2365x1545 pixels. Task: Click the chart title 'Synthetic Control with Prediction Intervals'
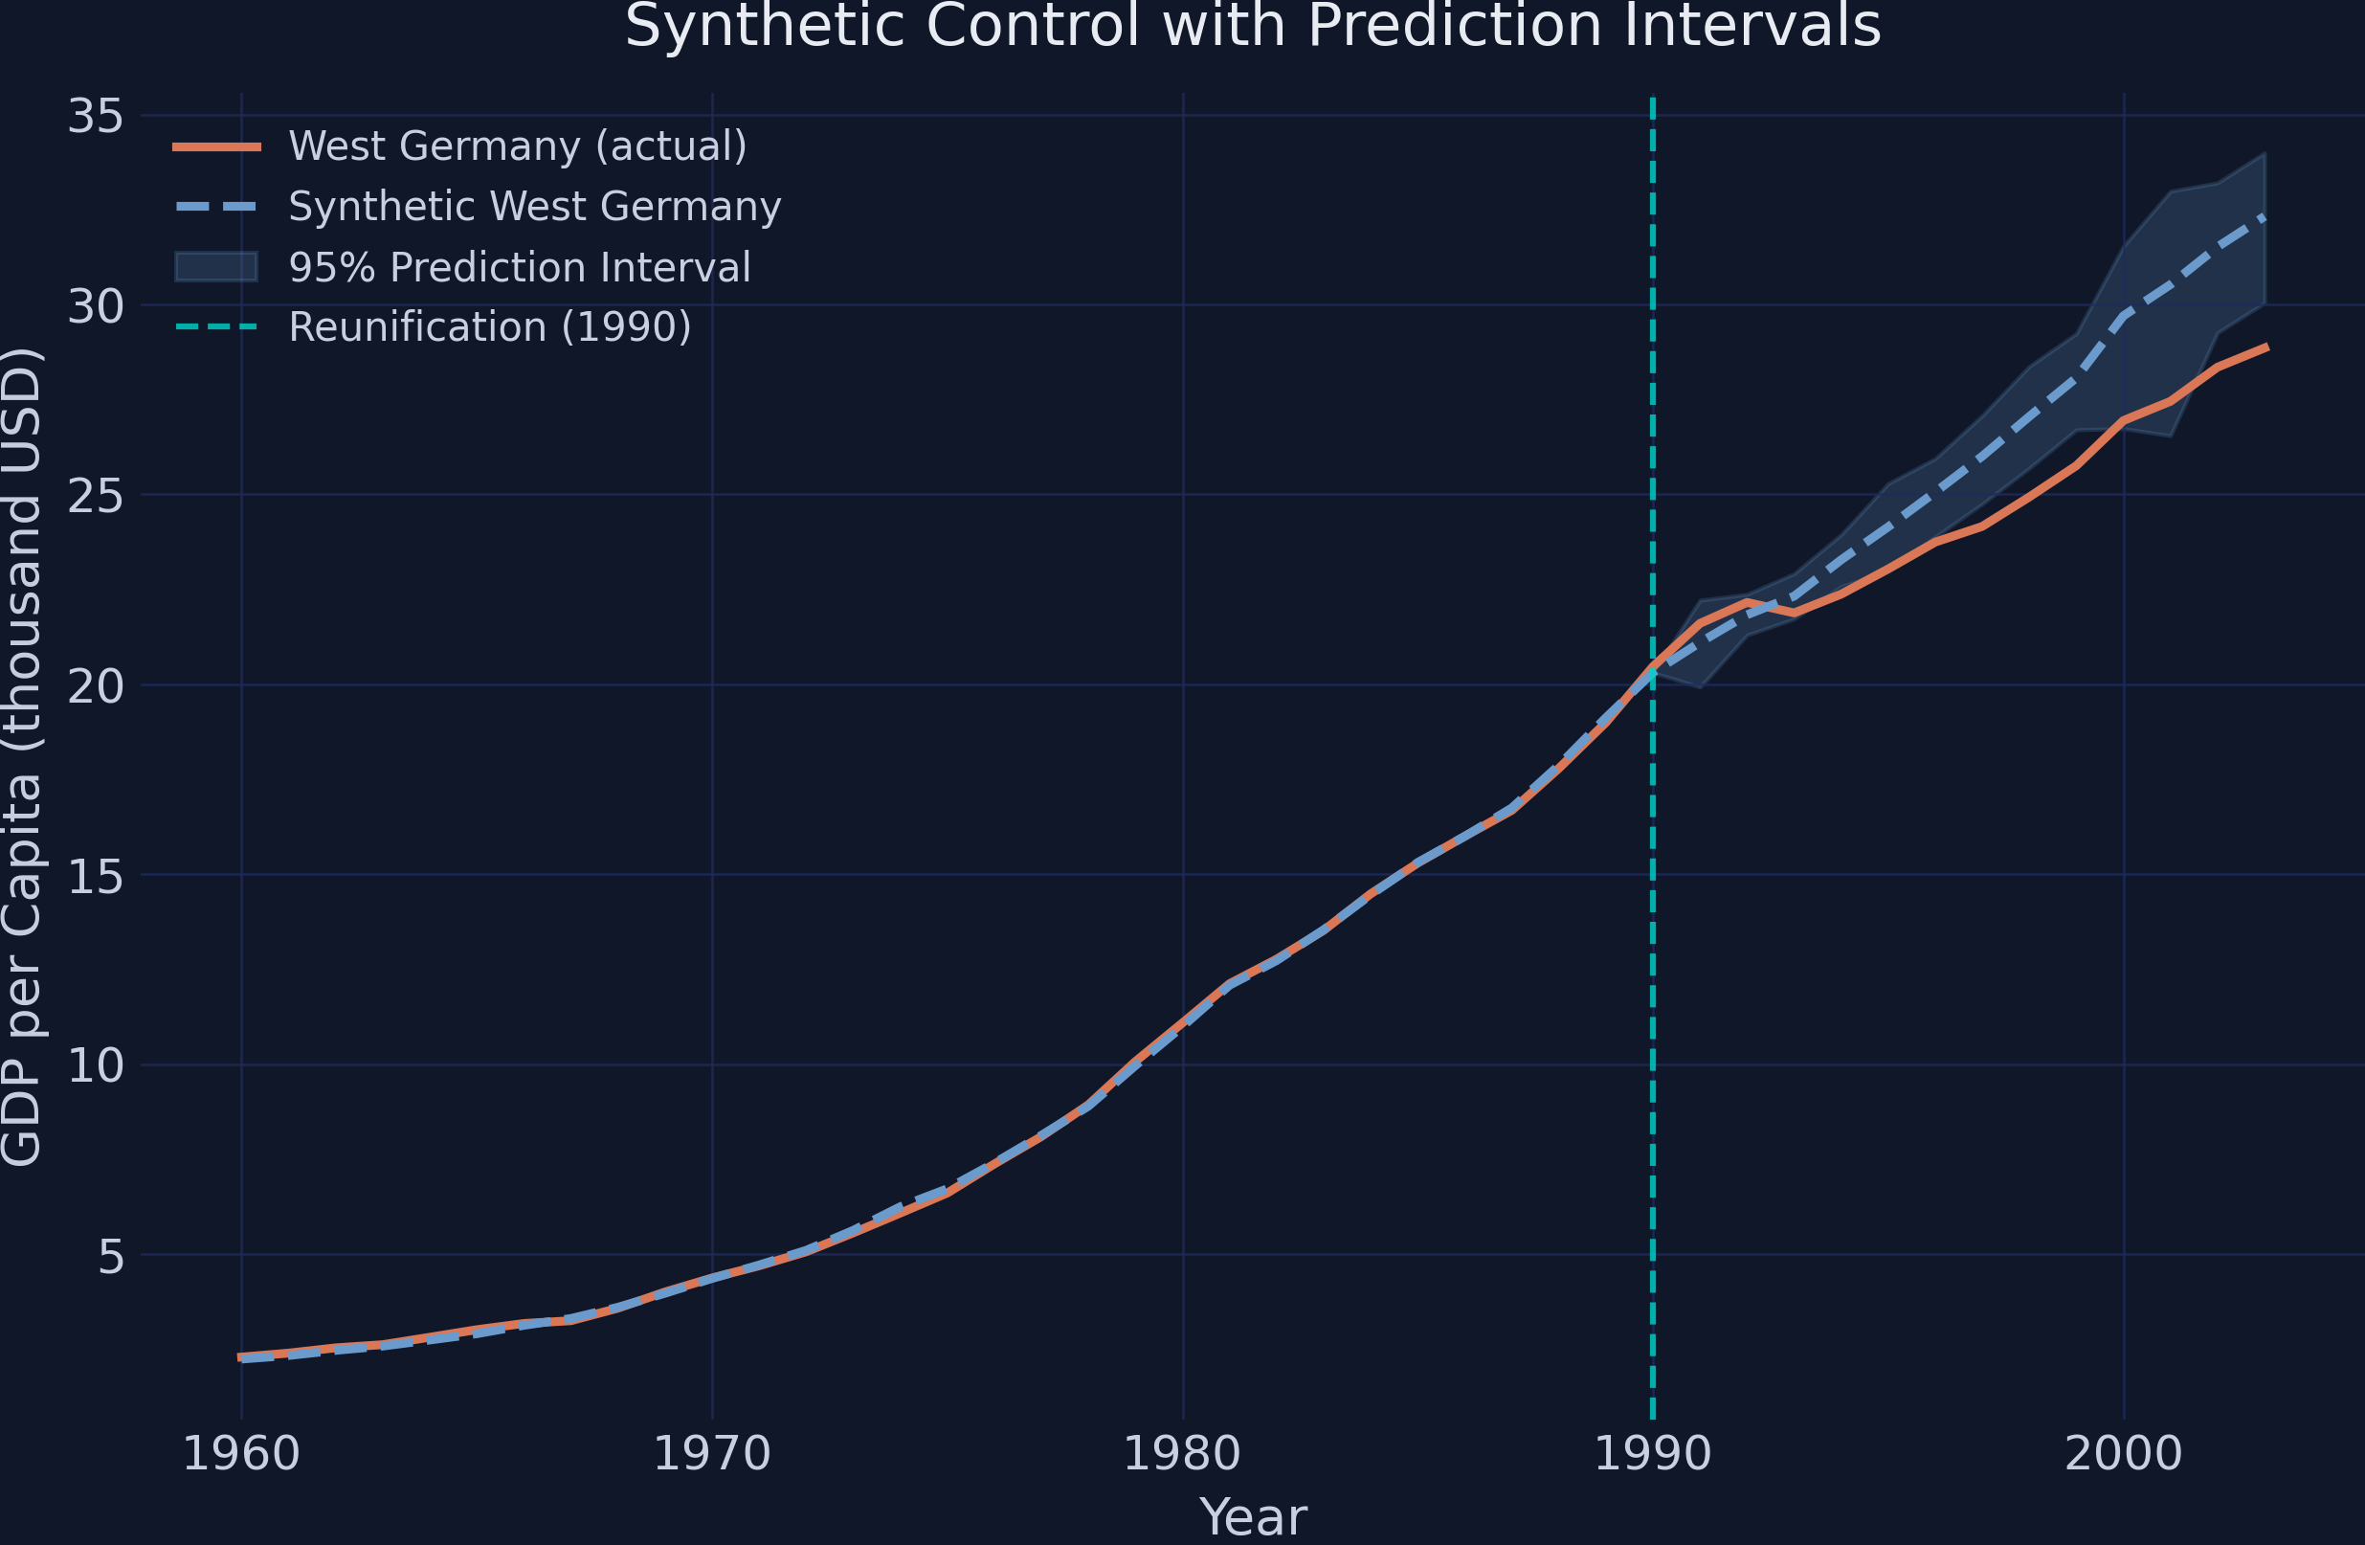1253,26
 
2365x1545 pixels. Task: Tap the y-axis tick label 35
96,116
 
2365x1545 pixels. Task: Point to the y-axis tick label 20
96,685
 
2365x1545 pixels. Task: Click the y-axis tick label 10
96,1066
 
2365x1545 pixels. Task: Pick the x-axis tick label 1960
241,1455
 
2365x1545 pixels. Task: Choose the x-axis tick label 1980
1183,1455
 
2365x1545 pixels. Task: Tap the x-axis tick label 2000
2124,1455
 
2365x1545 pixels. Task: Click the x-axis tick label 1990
1653,1455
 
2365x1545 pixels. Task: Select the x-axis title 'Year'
1253,1517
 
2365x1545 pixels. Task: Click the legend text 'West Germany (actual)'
517,147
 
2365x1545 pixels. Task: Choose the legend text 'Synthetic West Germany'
535,207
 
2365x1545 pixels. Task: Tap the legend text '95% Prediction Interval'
520,267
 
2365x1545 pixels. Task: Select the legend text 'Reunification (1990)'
490,326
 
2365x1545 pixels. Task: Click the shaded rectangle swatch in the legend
216,266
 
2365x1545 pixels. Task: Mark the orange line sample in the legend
216,147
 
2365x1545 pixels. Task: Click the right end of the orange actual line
2265,347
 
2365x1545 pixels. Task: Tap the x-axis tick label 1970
711,1455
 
